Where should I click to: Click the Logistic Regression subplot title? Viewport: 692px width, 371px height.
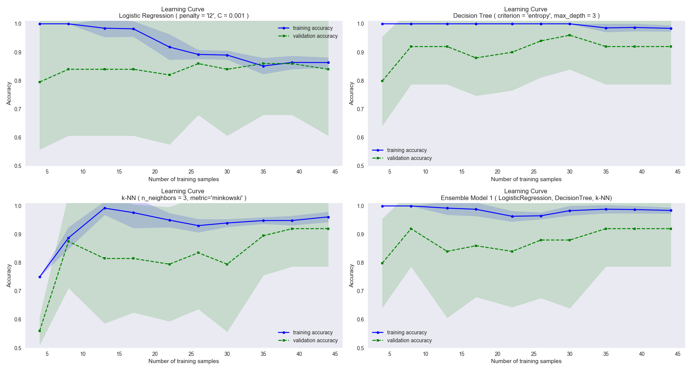(x=184, y=16)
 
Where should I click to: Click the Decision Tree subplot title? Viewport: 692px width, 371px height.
(x=526, y=16)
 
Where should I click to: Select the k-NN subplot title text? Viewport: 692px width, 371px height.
(x=184, y=198)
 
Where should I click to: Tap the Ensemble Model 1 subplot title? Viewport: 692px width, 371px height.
(x=526, y=198)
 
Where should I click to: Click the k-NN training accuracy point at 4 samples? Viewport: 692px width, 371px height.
(x=40, y=277)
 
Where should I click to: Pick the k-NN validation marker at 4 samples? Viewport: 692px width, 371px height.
(x=40, y=331)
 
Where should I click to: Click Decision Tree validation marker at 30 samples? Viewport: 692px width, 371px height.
(x=570, y=35)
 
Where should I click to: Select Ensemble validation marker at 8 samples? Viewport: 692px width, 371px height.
(x=411, y=229)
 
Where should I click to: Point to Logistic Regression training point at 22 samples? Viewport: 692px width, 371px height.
(x=170, y=47)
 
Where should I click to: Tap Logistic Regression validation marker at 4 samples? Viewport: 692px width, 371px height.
(x=40, y=82)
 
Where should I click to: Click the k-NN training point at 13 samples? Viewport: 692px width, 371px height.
(x=105, y=208)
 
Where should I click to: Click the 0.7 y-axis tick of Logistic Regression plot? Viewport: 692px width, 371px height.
(x=18, y=109)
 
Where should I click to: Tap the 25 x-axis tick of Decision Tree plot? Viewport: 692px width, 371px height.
(x=534, y=172)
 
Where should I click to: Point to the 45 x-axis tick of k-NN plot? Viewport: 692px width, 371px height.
(x=335, y=354)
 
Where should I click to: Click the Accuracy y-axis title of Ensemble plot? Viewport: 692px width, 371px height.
(x=352, y=276)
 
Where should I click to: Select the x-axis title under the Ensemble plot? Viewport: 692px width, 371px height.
(x=526, y=361)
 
